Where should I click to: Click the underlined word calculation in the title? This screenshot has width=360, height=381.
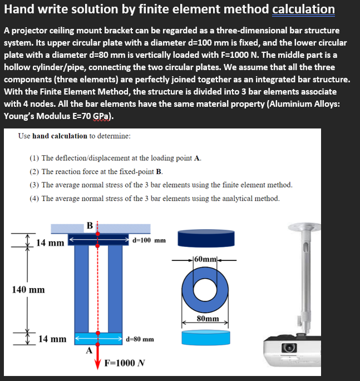(x=303, y=9)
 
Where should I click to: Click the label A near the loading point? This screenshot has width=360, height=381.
(x=88, y=350)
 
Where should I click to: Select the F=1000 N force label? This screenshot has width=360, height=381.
(x=125, y=363)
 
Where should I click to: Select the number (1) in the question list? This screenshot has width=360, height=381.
(x=34, y=158)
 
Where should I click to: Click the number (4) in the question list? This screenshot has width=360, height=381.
(x=34, y=198)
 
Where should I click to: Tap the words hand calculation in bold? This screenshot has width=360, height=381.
(x=60, y=136)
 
